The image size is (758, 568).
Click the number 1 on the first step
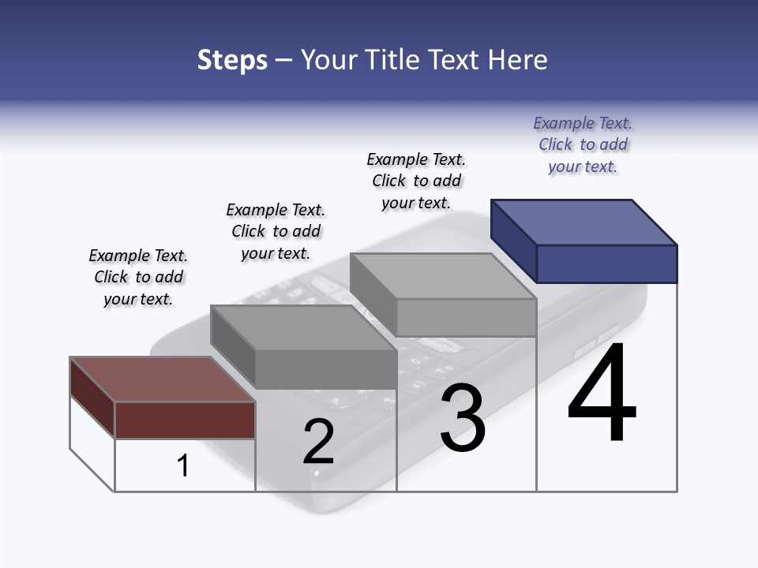click(183, 465)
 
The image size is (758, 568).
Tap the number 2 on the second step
click(318, 442)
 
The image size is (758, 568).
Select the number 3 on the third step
click(463, 418)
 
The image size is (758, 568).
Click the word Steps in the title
click(232, 60)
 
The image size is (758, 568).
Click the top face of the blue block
click(584, 222)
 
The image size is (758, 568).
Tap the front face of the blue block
click(606, 263)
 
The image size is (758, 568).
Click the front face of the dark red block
click(185, 420)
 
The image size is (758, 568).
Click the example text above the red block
click(138, 277)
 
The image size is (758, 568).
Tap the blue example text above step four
click(583, 144)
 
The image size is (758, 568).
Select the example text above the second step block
click(276, 231)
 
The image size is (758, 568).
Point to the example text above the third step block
click(416, 181)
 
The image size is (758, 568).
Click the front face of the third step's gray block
click(466, 318)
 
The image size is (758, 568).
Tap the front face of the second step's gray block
click(326, 368)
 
